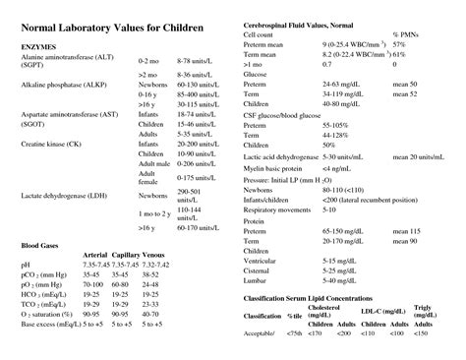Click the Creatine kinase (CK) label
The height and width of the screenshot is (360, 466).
[x=51, y=145]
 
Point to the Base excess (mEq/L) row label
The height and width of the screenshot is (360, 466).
[x=50, y=349]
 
